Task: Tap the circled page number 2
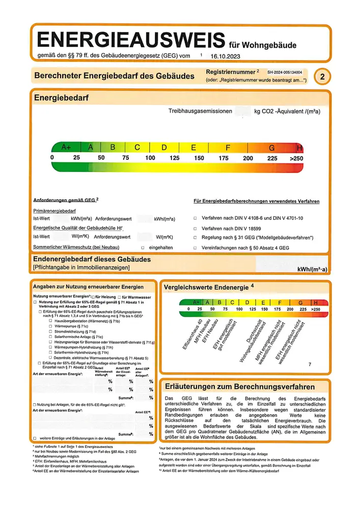pyautogui.click(x=322, y=77)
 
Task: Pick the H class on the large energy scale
pyautogui.click(x=299, y=148)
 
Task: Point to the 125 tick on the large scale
pyautogui.click(x=174, y=158)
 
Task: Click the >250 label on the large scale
pyautogui.click(x=296, y=158)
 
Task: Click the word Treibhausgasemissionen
pyautogui.click(x=200, y=111)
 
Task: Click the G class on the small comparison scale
pyautogui.click(x=300, y=302)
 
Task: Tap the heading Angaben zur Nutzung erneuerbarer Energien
pyautogui.click(x=88, y=287)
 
